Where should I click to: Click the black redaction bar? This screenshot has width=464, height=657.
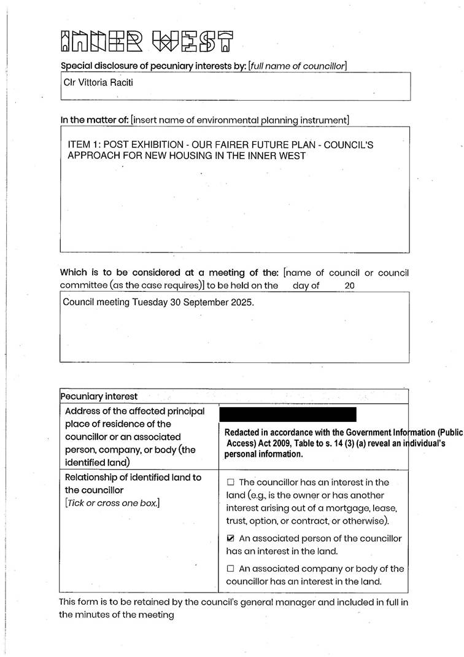[287, 414]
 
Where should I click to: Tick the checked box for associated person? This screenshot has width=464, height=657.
[231, 538]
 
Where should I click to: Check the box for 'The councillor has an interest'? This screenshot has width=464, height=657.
[231, 483]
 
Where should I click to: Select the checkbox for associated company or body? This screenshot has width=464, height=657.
[231, 569]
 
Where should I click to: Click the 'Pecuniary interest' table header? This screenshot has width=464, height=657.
[99, 397]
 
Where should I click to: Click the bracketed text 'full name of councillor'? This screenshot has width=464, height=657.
[297, 66]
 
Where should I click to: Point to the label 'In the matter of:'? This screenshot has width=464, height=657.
[95, 120]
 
